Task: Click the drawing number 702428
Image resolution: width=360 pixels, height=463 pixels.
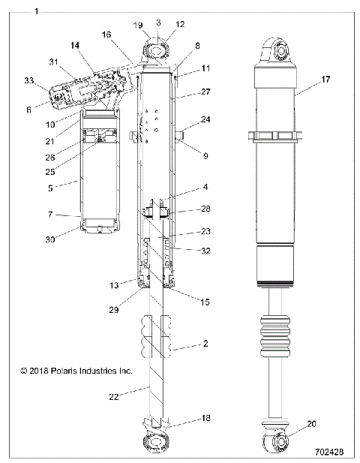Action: pos(331,452)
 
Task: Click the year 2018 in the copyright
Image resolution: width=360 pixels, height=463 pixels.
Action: pos(36,371)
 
